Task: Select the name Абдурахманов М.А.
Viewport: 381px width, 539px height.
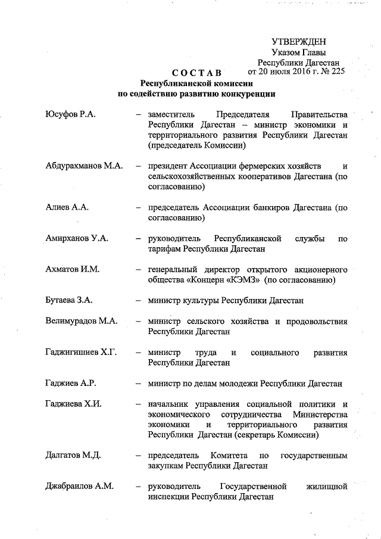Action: [84, 166]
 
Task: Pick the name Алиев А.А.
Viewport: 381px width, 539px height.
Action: [67, 207]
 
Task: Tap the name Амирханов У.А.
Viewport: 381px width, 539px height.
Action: [76, 238]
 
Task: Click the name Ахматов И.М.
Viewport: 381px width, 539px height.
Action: [72, 269]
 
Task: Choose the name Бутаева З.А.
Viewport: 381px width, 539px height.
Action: [69, 301]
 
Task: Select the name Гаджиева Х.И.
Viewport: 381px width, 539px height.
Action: [73, 404]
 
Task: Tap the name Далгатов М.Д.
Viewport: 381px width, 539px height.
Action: [73, 456]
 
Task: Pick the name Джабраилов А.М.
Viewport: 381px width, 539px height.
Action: [79, 487]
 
